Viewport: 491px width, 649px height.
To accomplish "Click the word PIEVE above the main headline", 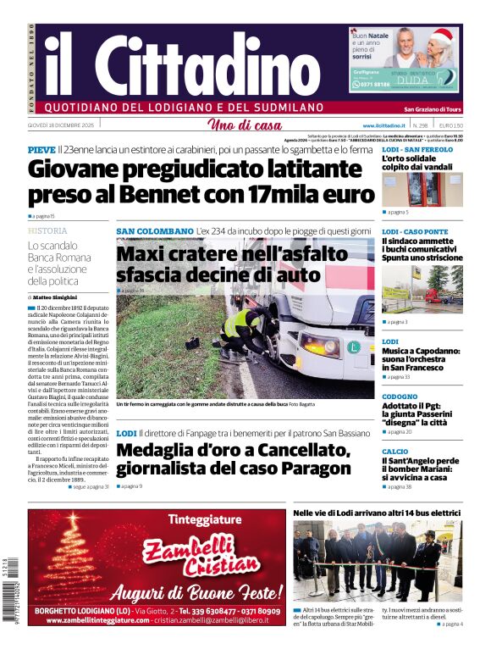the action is pos(41,150).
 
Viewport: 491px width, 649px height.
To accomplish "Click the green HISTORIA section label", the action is pos(47,230).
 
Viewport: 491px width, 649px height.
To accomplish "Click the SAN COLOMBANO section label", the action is pos(154,230).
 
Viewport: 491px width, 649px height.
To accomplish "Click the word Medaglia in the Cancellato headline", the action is pos(157,449).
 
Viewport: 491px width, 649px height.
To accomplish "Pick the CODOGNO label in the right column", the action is pos(400,397).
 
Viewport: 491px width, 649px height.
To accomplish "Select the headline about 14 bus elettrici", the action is pos(377,513).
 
